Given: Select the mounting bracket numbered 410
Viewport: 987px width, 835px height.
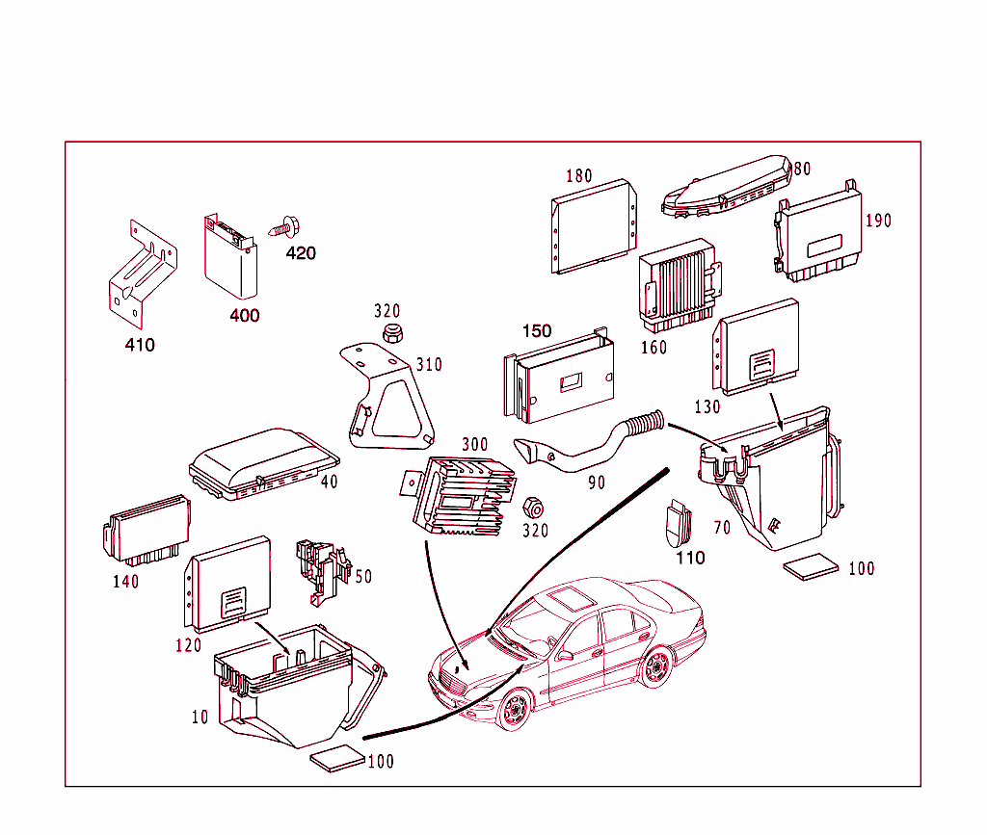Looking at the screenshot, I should pyautogui.click(x=140, y=275).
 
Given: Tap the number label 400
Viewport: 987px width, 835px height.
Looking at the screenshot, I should pyautogui.click(x=244, y=315).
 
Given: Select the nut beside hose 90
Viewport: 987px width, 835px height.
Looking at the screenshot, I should pyautogui.click(x=531, y=507).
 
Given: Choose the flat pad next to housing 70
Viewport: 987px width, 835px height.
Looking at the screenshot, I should pyautogui.click(x=811, y=568).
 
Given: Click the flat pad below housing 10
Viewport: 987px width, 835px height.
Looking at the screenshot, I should pyautogui.click(x=338, y=759).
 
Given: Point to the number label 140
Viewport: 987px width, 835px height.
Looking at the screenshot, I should pyautogui.click(x=124, y=582).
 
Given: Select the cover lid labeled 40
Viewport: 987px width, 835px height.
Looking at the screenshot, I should pyautogui.click(x=262, y=464).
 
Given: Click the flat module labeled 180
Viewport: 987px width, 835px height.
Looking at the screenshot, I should pyautogui.click(x=594, y=226).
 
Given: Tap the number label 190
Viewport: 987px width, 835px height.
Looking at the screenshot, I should pyautogui.click(x=877, y=221).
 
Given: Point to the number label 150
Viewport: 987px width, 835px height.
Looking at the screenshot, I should pyautogui.click(x=537, y=331).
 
